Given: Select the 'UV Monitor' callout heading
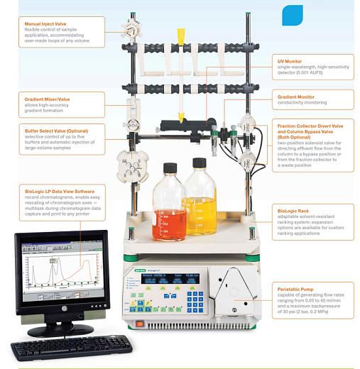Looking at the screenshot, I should click(290, 62).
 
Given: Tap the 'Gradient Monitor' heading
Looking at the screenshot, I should click(298, 96).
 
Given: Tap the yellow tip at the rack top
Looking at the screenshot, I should click(180, 35).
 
